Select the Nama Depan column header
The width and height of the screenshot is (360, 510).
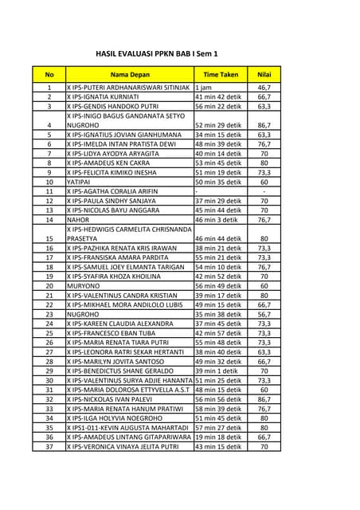(x=129, y=74)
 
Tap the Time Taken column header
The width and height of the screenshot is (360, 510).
(x=221, y=74)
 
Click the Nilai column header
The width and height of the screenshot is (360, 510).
(x=264, y=74)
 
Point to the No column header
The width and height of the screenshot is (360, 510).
(x=49, y=74)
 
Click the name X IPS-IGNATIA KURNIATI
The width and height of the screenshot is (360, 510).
(x=103, y=96)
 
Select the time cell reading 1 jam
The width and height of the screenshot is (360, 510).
(x=203, y=87)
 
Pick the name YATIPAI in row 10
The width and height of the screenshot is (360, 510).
(x=79, y=182)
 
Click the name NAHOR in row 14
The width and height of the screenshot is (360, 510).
(x=78, y=219)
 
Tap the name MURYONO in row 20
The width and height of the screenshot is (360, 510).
(x=83, y=285)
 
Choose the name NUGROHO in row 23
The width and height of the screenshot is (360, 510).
(x=83, y=314)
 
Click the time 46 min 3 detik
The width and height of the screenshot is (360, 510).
(x=217, y=219)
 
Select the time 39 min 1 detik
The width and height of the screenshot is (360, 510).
(x=217, y=371)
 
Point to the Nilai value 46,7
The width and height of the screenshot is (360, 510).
(x=264, y=87)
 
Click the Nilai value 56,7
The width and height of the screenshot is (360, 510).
(x=264, y=314)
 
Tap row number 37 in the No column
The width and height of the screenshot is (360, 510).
(x=49, y=447)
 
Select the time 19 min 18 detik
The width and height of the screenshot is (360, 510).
(x=219, y=437)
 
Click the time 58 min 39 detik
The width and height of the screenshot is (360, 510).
(x=219, y=409)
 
